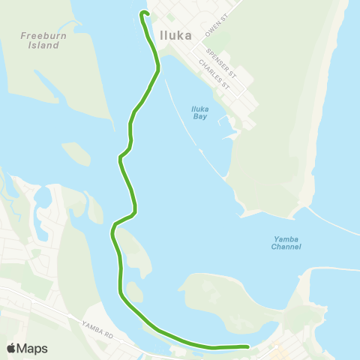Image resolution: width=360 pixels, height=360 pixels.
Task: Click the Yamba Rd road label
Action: pyautogui.click(x=98, y=325)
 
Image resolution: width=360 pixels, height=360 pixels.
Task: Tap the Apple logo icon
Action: pyautogui.click(x=11, y=348)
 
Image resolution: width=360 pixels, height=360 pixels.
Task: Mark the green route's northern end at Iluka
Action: pyautogui.click(x=143, y=13)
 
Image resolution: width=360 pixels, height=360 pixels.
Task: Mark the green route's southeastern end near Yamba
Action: pyautogui.click(x=247, y=346)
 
